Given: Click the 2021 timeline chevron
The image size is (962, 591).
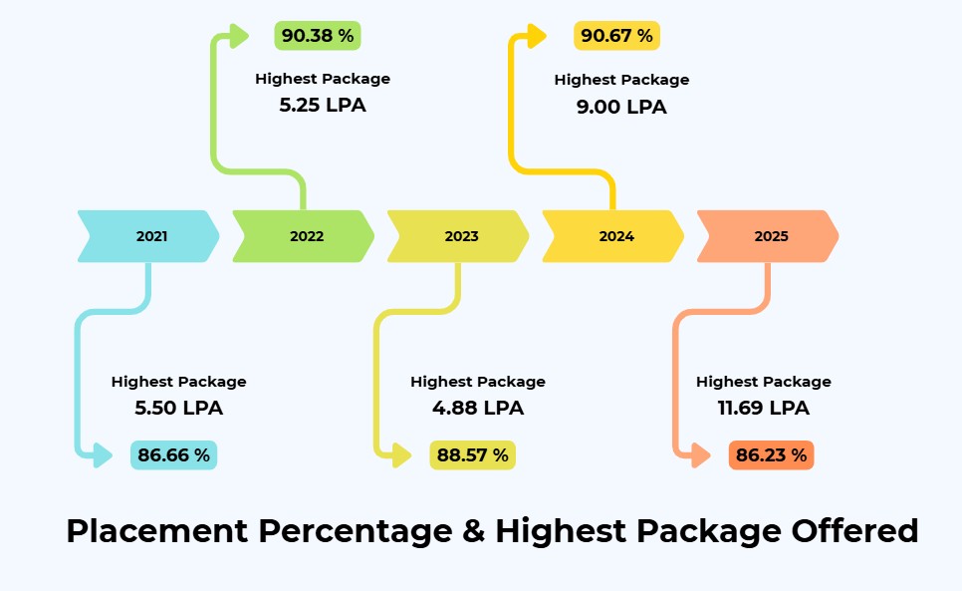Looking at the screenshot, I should pos(149,236).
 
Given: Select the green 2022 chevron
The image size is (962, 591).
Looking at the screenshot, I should pos(304,236).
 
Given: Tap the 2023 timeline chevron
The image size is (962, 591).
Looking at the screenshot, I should pos(459,236).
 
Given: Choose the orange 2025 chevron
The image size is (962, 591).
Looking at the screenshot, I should pos(768,236).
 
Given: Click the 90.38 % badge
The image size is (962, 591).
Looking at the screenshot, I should pos(318,36).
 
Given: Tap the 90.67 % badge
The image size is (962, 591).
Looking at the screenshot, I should pos(616,36).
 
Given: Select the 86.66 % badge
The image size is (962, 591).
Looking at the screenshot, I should pos(173,455).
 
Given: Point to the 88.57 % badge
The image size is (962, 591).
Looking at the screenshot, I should pos(472,455).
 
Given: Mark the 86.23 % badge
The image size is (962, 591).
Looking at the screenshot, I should pos(771,455).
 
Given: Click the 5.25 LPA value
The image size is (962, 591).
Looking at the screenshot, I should pos(323,105).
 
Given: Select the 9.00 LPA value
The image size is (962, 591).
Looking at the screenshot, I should pos(621,107).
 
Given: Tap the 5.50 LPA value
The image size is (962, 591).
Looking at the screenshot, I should pos(178,408).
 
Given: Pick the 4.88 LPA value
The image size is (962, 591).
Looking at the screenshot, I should pos(478,408).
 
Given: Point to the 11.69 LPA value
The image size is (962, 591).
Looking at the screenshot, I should pos(764,408).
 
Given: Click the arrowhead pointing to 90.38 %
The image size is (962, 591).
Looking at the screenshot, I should pos(238,37).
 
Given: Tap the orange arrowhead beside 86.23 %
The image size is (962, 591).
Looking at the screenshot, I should pos(700,455).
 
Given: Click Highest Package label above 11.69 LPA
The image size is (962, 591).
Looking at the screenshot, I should pos(764,382).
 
